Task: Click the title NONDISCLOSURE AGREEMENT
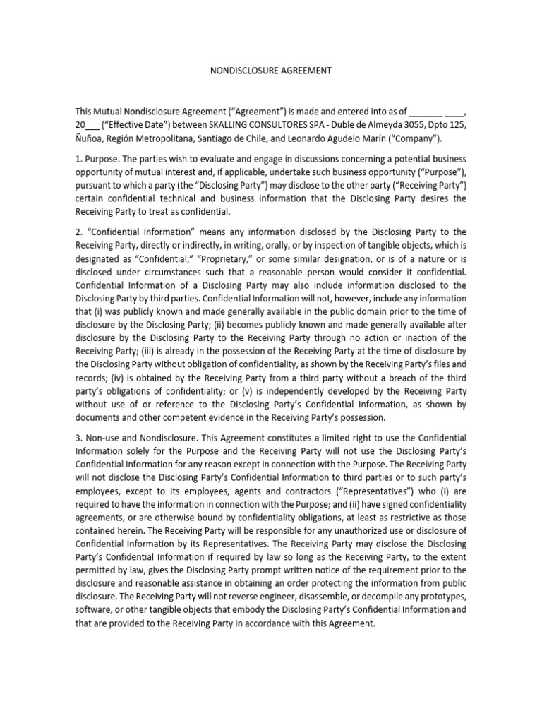[271, 71]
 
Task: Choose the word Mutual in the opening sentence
[114, 112]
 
